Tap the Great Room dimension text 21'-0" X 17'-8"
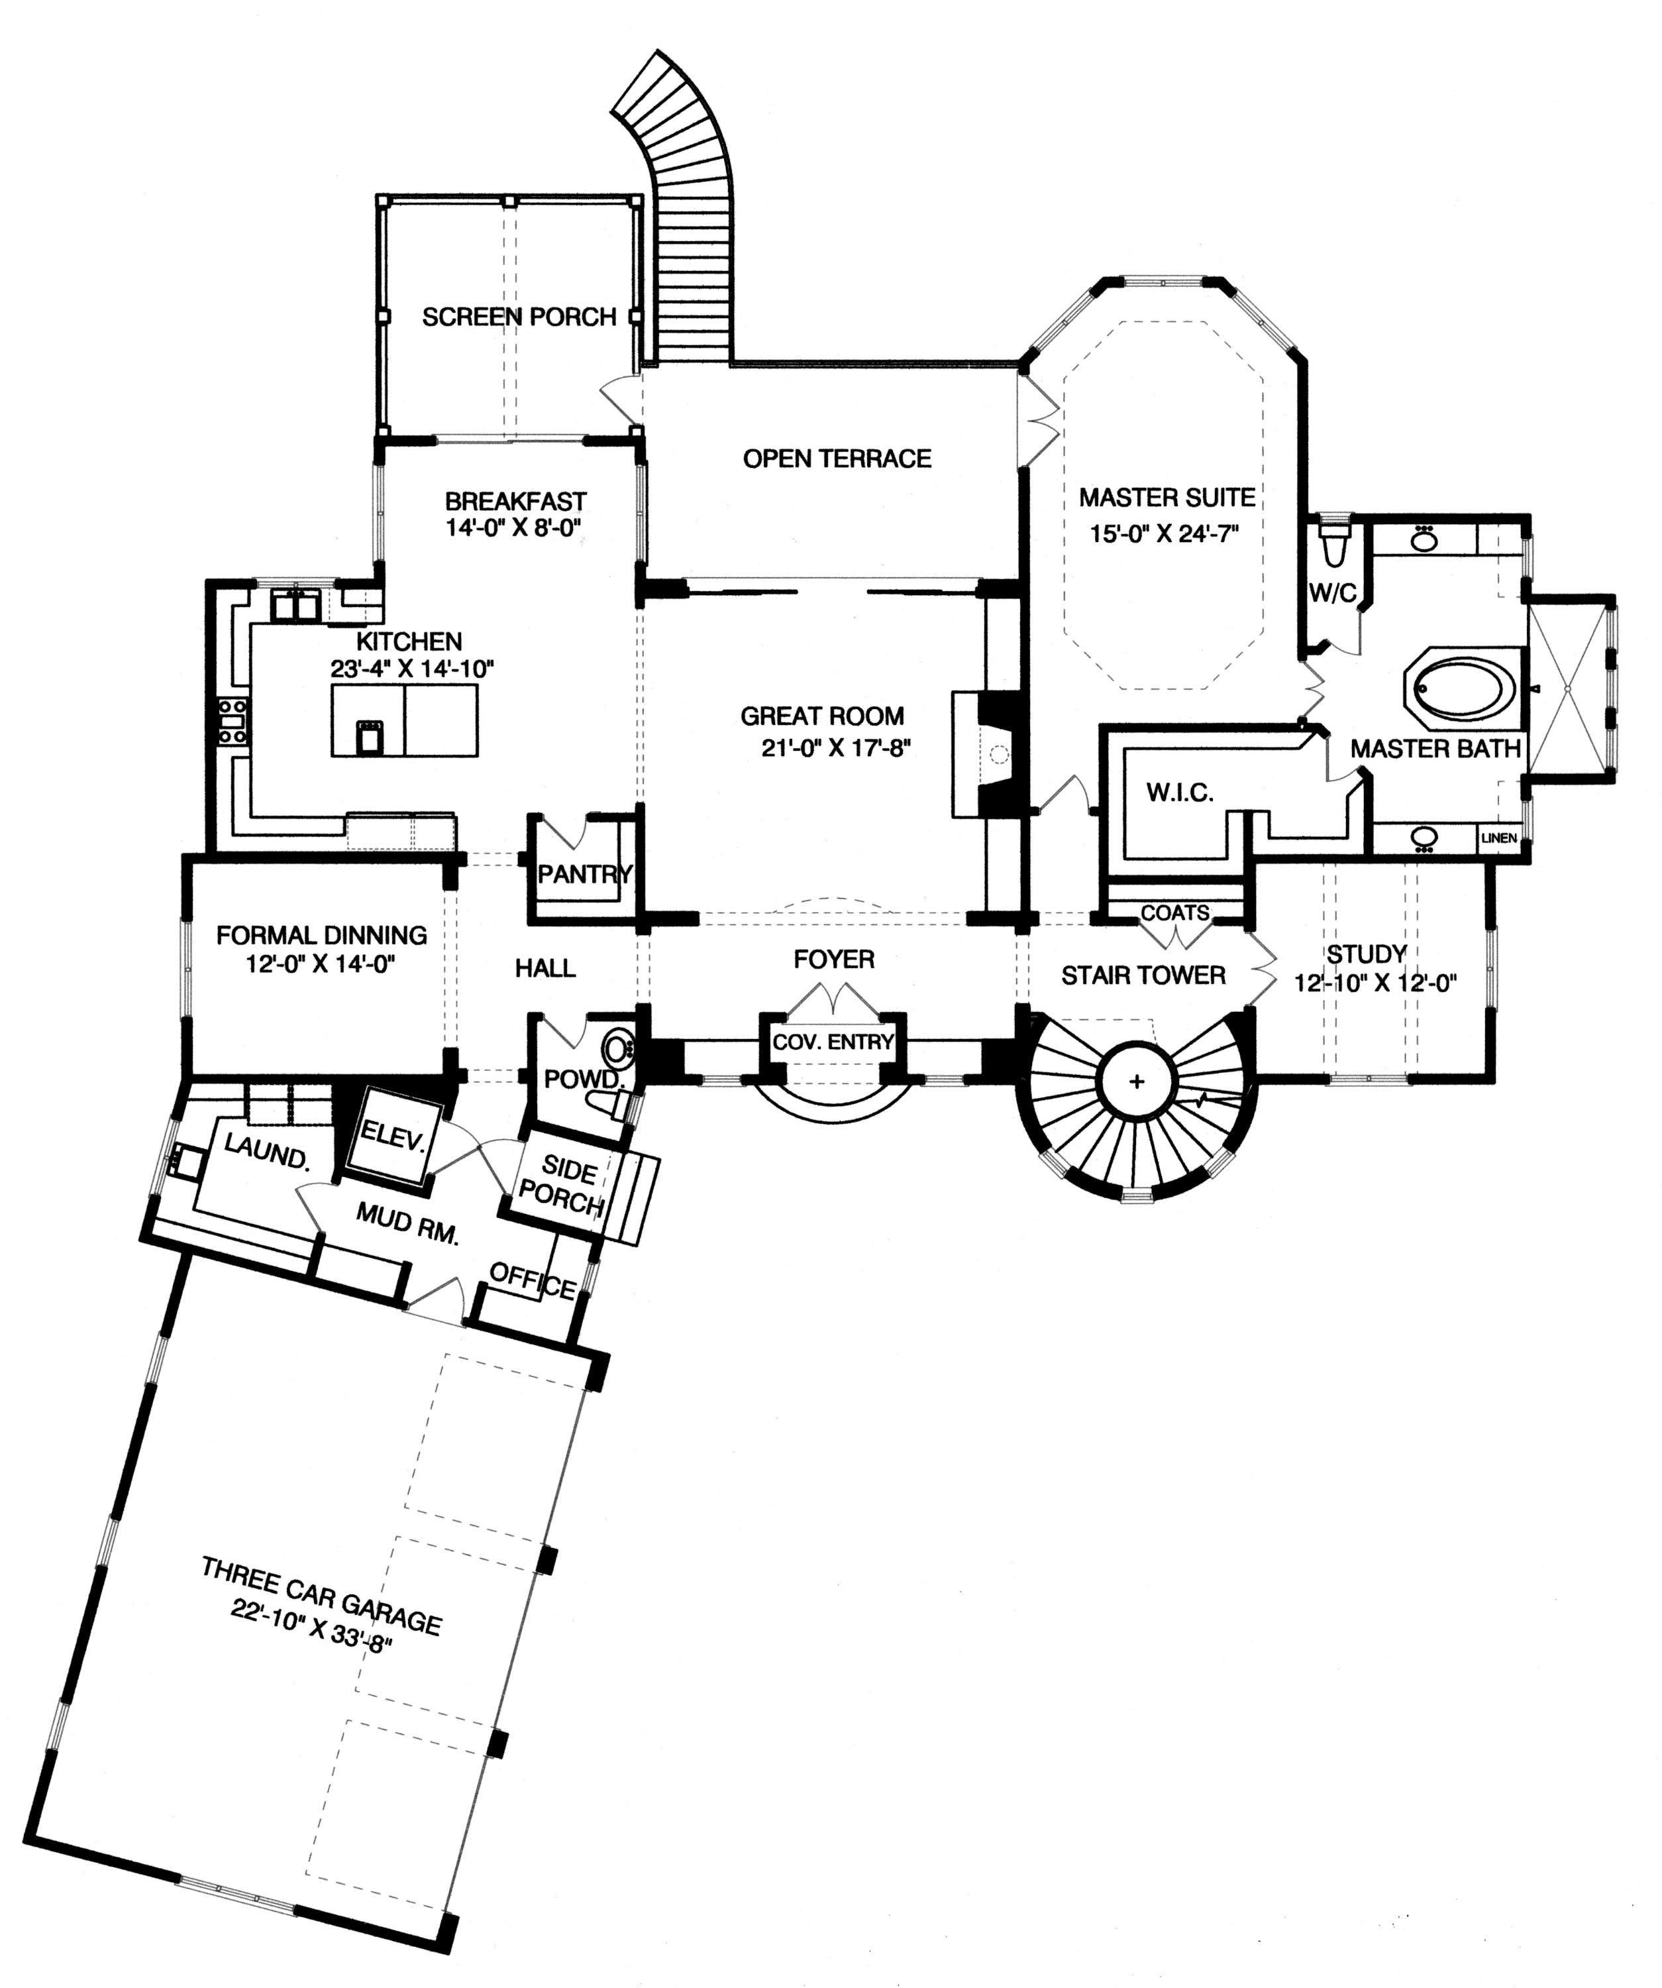click(835, 748)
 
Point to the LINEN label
click(1499, 838)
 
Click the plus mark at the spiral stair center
click(1137, 1081)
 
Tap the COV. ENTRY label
click(833, 1042)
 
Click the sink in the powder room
click(617, 1048)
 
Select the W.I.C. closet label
click(1179, 793)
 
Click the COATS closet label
click(1174, 912)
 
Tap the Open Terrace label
click(837, 459)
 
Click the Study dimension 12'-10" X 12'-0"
click(1375, 983)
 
